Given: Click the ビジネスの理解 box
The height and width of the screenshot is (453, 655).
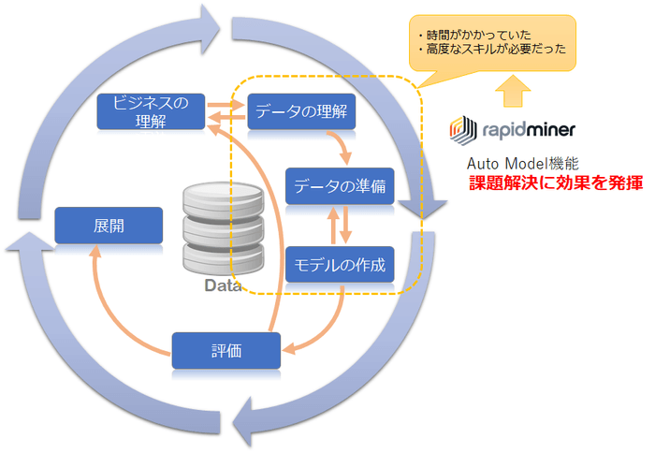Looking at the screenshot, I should click(151, 111).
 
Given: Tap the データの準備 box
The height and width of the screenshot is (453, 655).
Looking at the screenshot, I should click(340, 185).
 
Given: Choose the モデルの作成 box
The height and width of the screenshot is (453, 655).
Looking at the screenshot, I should click(340, 265).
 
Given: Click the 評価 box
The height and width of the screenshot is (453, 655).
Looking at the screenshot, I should click(226, 351).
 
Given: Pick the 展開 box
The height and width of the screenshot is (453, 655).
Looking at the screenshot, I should click(109, 226).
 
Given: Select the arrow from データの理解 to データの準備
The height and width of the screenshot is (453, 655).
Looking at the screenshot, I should click(342, 142).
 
